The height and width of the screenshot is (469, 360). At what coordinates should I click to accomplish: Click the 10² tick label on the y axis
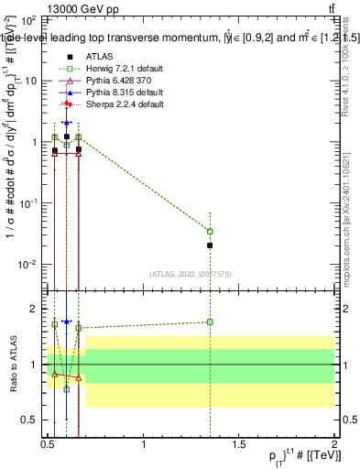29,20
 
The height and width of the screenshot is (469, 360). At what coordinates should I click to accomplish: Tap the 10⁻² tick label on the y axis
29,265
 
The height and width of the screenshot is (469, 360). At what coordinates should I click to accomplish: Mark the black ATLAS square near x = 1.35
211,245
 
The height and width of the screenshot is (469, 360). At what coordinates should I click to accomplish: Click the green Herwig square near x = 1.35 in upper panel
211,231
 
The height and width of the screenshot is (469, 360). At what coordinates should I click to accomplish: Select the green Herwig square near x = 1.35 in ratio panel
211,322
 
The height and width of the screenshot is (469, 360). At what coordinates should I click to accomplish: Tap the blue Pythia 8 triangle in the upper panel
66,121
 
